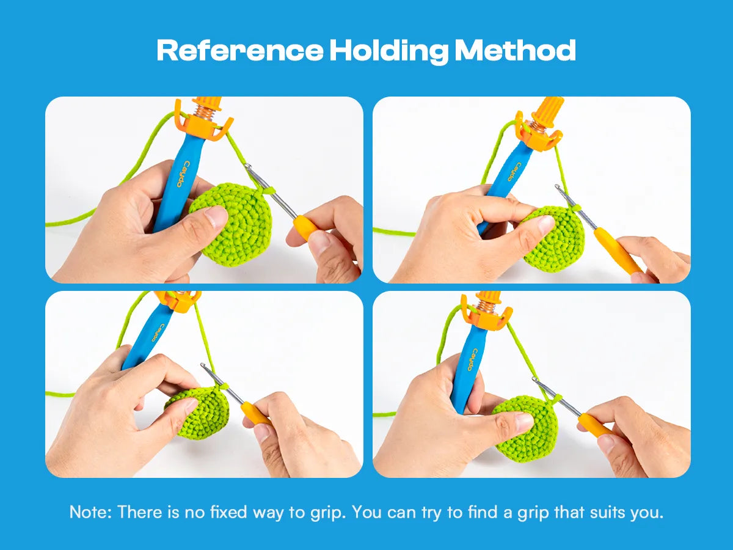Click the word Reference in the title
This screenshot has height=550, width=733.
(x=240, y=51)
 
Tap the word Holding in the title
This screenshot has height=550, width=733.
(x=389, y=52)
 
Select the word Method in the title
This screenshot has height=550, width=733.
(x=516, y=50)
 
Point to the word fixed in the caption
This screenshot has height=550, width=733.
(x=228, y=512)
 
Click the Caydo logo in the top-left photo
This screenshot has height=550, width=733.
(x=184, y=174)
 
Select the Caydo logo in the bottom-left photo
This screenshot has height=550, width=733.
(x=156, y=332)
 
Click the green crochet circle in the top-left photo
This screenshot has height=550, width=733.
(x=231, y=224)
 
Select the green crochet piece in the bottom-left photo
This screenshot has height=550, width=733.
(x=199, y=412)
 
